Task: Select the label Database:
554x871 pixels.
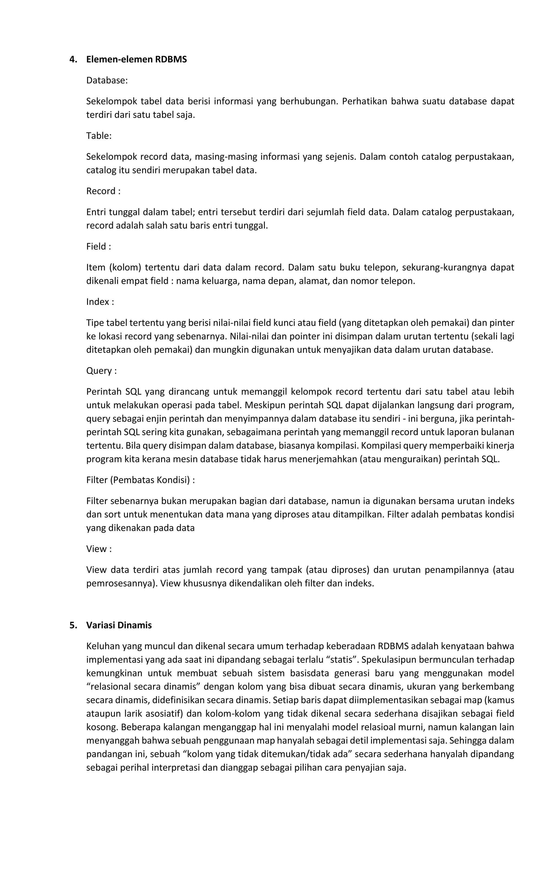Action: (x=107, y=80)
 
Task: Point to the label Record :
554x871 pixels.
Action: (x=103, y=191)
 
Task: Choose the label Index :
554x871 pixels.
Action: (x=100, y=302)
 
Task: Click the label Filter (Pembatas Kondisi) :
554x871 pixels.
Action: (x=140, y=480)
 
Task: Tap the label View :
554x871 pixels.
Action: (x=99, y=549)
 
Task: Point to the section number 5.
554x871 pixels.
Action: (x=73, y=625)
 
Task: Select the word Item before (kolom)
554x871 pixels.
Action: (x=95, y=267)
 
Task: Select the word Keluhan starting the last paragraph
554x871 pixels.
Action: (x=102, y=646)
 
